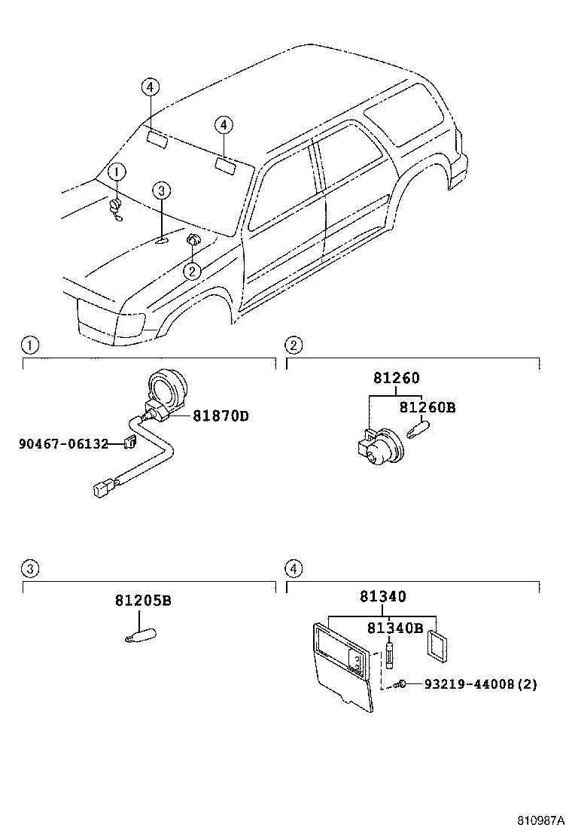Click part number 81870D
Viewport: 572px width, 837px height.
(x=221, y=415)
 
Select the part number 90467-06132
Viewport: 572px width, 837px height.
(x=64, y=443)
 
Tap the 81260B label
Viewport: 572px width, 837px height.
(x=427, y=407)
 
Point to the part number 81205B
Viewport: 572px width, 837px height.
(x=143, y=601)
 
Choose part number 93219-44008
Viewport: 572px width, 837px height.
(x=470, y=684)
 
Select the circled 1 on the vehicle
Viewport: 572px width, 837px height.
(x=116, y=172)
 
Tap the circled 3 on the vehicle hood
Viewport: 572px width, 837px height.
(x=162, y=191)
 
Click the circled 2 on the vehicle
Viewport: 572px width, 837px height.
(x=193, y=271)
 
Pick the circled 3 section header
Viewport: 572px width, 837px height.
(x=29, y=568)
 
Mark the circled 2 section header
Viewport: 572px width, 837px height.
(x=294, y=345)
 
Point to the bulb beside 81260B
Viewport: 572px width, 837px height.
(x=418, y=431)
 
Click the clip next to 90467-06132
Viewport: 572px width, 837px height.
(x=129, y=443)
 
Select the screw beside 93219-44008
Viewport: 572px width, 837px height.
(x=403, y=683)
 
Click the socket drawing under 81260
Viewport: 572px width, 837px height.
(x=380, y=446)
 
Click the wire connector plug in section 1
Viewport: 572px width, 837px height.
(x=102, y=489)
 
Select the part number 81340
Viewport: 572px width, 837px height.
(x=382, y=596)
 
